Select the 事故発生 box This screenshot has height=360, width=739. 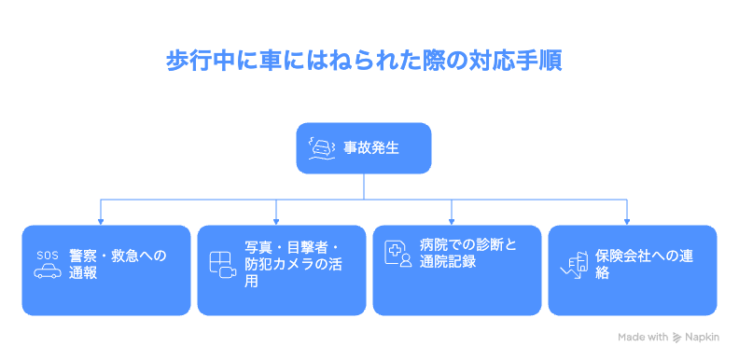pyautogui.click(x=364, y=148)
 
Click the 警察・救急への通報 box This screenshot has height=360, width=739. pyautogui.click(x=102, y=270)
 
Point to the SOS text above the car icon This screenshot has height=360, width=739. pyautogui.click(x=48, y=255)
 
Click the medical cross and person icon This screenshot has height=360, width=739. pyautogui.click(x=398, y=253)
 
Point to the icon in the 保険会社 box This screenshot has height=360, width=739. pyautogui.click(x=573, y=265)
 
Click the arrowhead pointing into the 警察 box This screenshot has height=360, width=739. pyautogui.click(x=102, y=221)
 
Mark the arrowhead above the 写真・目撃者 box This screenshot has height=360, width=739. pyautogui.click(x=277, y=221)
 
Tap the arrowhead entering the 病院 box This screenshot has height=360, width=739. pyautogui.click(x=453, y=221)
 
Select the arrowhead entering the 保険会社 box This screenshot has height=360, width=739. pyautogui.click(x=628, y=221)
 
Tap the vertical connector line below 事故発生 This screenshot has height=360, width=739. pyautogui.click(x=364, y=186)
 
